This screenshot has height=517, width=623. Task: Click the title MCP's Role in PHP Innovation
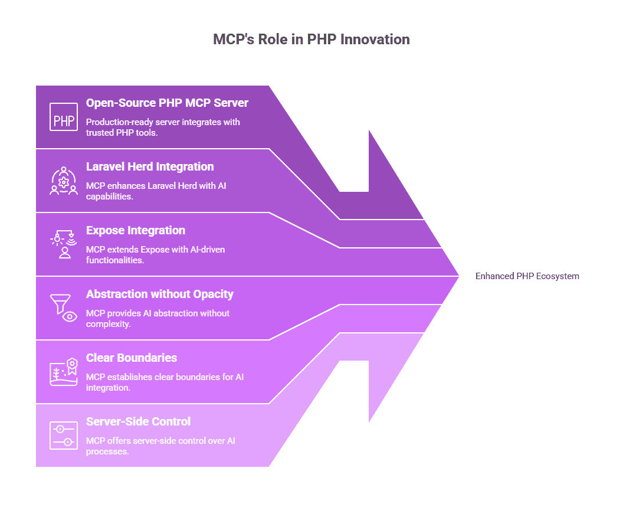tap(311, 40)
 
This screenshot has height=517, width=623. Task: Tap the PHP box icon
tap(64, 117)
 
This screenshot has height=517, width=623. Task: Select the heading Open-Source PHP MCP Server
tap(167, 103)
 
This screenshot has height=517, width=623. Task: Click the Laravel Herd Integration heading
tap(150, 166)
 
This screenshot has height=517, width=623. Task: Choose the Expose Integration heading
tap(136, 231)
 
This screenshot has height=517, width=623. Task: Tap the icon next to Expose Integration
tap(64, 244)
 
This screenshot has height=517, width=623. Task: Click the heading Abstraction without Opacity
tap(160, 294)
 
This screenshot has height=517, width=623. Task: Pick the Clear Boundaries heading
tap(132, 358)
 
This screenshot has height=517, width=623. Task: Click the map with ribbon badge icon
tap(64, 372)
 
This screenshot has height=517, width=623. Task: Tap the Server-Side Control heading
tap(138, 421)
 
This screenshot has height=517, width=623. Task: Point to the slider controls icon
tap(64, 436)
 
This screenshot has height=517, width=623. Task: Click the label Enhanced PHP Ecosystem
tap(527, 276)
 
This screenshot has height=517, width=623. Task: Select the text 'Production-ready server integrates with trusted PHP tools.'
tap(163, 127)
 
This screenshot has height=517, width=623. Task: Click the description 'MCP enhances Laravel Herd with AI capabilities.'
tap(156, 191)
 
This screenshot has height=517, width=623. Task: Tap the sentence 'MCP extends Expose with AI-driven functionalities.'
tap(155, 255)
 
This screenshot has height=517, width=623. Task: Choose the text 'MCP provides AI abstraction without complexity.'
tap(158, 318)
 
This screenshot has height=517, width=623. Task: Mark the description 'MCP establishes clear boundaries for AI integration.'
tap(165, 382)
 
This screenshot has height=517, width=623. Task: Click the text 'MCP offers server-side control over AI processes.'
tap(160, 446)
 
